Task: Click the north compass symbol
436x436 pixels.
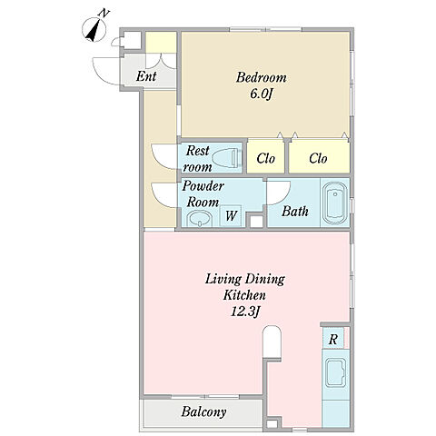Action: (94, 29)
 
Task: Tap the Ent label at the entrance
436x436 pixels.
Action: (146, 76)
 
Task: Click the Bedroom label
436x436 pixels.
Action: (261, 77)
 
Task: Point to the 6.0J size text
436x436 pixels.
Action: (262, 94)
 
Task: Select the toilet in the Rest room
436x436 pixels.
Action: (227, 158)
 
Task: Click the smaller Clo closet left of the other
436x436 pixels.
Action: (265, 157)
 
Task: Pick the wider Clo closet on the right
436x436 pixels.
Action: (319, 157)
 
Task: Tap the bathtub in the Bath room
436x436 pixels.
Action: (335, 203)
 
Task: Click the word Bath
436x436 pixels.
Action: (295, 211)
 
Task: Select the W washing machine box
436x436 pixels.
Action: (231, 215)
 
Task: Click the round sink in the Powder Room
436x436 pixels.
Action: (199, 219)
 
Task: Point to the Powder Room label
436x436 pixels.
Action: (203, 194)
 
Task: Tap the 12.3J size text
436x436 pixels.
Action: (244, 312)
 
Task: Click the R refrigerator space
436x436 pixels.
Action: (333, 338)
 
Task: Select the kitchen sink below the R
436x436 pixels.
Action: (335, 372)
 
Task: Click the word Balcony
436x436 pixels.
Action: (203, 411)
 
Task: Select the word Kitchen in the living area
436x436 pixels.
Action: (244, 295)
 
